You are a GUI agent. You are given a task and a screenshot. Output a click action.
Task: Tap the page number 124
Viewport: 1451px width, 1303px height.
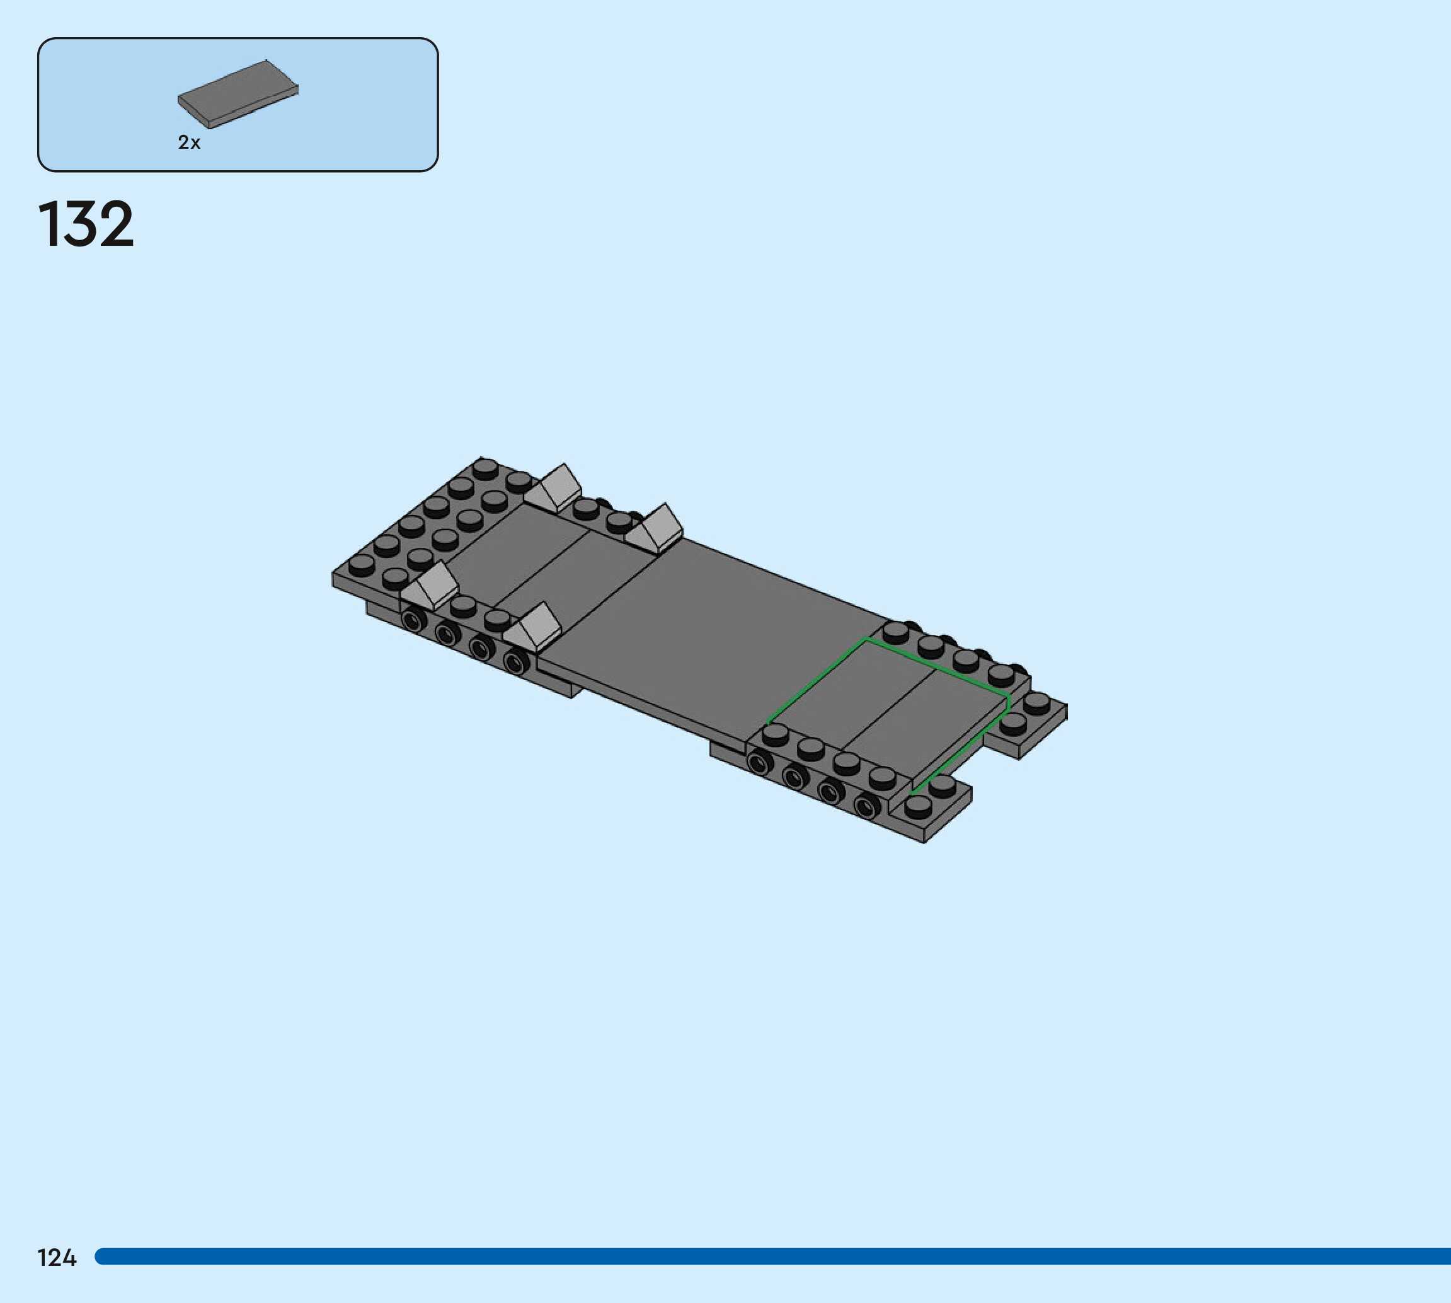(57, 1258)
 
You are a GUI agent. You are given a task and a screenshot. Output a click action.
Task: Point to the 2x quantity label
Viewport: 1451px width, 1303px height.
(189, 142)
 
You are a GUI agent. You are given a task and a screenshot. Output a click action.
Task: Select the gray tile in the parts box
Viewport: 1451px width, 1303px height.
(238, 95)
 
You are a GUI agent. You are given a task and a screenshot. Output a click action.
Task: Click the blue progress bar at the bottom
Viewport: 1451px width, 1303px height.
(772, 1256)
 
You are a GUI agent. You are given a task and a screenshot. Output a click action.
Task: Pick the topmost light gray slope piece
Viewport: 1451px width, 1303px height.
(554, 489)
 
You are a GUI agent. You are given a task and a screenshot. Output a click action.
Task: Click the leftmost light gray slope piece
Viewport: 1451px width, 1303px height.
(430, 587)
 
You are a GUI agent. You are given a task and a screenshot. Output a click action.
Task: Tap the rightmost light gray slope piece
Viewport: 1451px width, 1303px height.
(655, 530)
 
